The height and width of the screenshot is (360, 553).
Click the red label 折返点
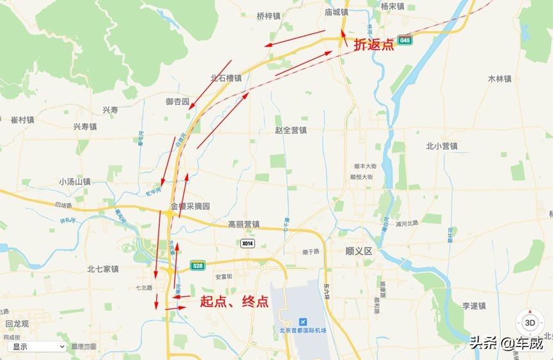374,45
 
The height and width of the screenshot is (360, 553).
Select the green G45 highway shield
404,40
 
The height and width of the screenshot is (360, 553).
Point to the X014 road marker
247,244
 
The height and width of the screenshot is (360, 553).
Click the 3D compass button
530,322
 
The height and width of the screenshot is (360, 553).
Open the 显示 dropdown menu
37,347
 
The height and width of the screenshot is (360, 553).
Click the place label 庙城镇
336,12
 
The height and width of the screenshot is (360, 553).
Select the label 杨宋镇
393,6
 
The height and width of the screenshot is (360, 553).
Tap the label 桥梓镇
269,16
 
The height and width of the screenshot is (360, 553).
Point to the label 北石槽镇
226,79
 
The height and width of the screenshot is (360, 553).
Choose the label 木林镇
499,79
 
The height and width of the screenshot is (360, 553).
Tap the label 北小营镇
442,146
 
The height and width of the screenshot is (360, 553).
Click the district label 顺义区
358,251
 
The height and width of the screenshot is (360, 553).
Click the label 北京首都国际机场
302,331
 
